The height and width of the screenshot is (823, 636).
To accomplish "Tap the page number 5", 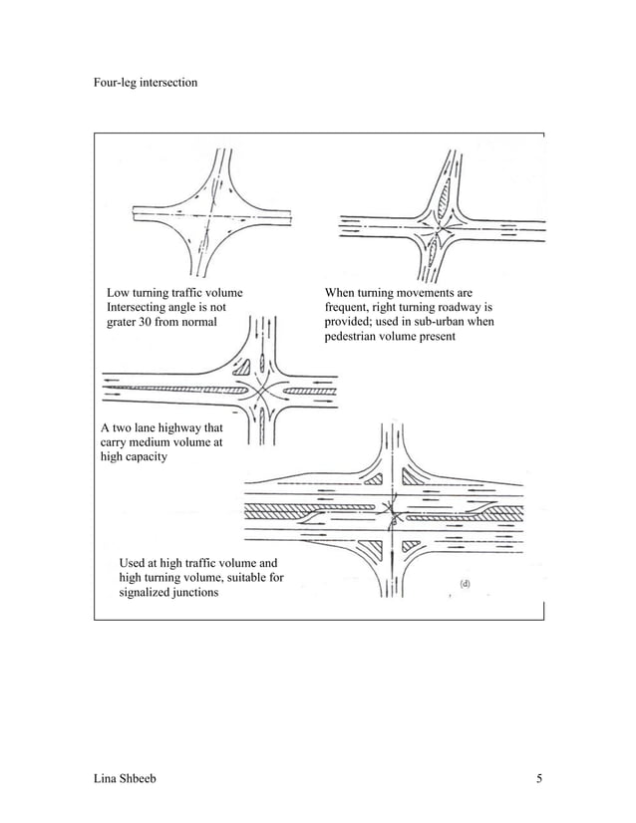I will click(x=538, y=778).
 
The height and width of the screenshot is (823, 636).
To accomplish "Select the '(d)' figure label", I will click(x=465, y=581).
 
